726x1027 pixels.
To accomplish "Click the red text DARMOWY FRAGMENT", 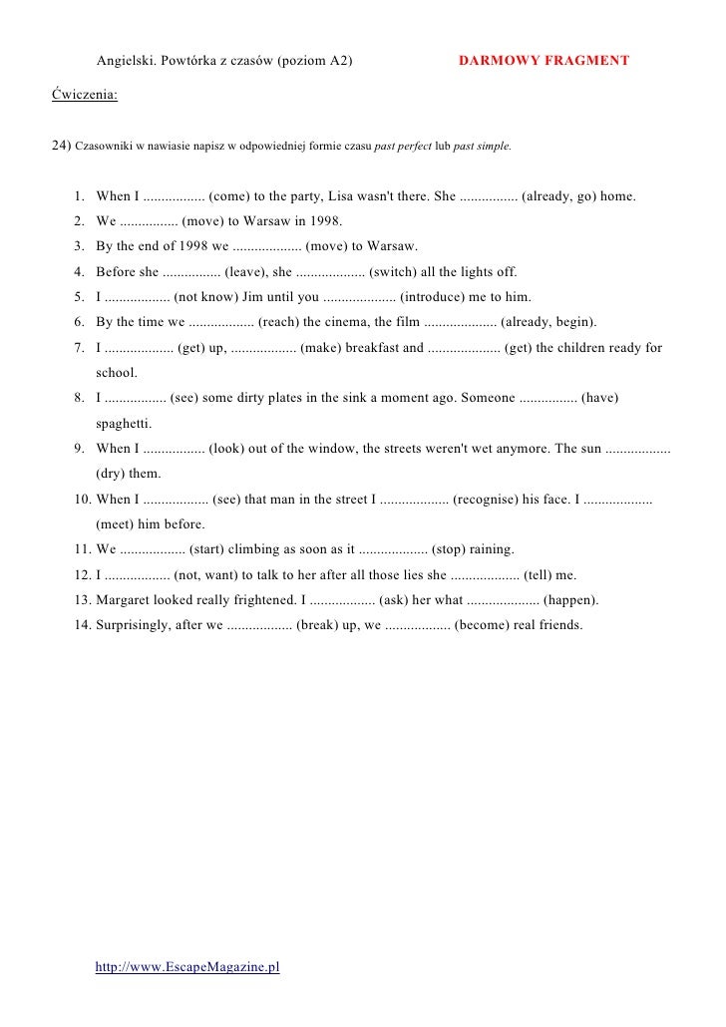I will tap(544, 61).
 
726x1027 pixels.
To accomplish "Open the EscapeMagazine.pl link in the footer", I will tap(187, 967).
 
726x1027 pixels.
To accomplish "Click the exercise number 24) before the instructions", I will tap(61, 146).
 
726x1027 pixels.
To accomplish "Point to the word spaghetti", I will tap(124, 423).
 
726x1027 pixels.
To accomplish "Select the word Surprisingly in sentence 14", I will tap(135, 626).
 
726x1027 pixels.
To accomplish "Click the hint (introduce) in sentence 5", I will tap(438, 297).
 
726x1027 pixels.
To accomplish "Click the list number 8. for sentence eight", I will tap(80, 398).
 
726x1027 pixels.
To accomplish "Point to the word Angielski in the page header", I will tap(125, 61).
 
